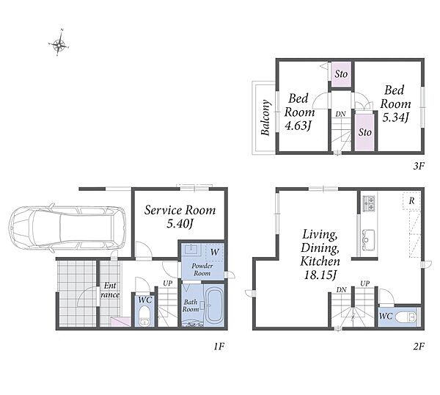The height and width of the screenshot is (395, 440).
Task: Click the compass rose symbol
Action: click(59, 44)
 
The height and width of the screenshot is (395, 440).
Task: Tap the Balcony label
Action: click(265, 117)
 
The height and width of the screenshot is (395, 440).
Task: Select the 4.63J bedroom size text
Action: click(298, 126)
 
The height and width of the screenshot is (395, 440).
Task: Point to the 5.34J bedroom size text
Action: click(395, 117)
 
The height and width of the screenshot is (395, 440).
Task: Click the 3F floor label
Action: click(418, 167)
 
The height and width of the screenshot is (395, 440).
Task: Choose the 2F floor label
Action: click(419, 346)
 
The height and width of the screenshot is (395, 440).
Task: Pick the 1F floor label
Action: click(219, 347)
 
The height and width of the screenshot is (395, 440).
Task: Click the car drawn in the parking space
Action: click(67, 228)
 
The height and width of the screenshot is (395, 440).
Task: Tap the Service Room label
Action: click(180, 210)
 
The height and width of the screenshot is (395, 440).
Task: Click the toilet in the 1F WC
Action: click(144, 316)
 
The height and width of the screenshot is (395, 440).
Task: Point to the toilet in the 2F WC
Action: click(406, 317)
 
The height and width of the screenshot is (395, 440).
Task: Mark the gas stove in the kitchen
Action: click(369, 203)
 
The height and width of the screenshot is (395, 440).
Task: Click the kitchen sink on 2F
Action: click(368, 240)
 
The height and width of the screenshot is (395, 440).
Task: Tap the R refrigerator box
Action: click(411, 201)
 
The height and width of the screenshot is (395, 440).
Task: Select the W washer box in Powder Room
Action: click(214, 252)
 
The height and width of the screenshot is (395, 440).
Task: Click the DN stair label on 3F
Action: click(341, 114)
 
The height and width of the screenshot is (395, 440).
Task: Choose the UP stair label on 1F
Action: click(168, 283)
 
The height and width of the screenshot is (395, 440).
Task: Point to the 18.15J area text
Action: click(320, 275)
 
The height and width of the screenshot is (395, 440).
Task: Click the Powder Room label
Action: click(202, 269)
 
